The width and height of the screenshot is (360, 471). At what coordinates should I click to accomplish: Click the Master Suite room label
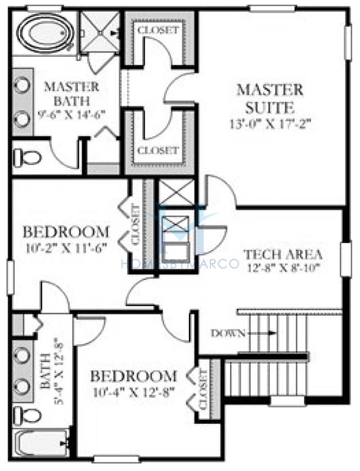pos(269,98)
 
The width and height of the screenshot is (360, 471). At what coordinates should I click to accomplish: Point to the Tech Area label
pos(282,253)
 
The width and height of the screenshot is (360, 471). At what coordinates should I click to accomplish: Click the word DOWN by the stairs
pos(227,333)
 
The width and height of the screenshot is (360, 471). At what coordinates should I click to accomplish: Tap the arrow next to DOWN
pos(262,333)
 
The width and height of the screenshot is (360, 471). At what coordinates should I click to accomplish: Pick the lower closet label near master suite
pos(158,151)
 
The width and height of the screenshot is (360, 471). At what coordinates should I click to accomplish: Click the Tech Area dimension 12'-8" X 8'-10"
pos(282,268)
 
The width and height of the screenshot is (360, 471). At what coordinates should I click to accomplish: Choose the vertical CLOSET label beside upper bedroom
pos(136,224)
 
